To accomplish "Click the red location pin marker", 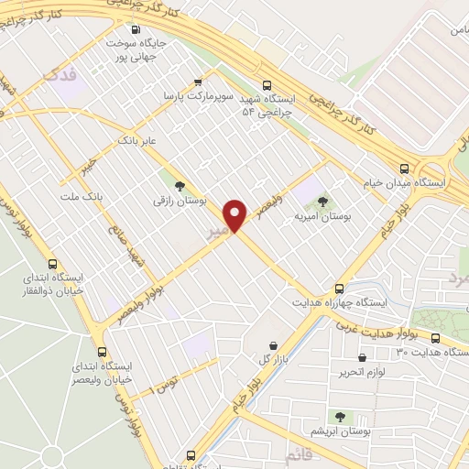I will click(x=236, y=214).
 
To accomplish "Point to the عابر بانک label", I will click(x=139, y=140).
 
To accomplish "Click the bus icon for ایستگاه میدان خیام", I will click(x=404, y=167).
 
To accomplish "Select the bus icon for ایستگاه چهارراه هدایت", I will click(x=339, y=287).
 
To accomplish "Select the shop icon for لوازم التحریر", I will click(x=362, y=358).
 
